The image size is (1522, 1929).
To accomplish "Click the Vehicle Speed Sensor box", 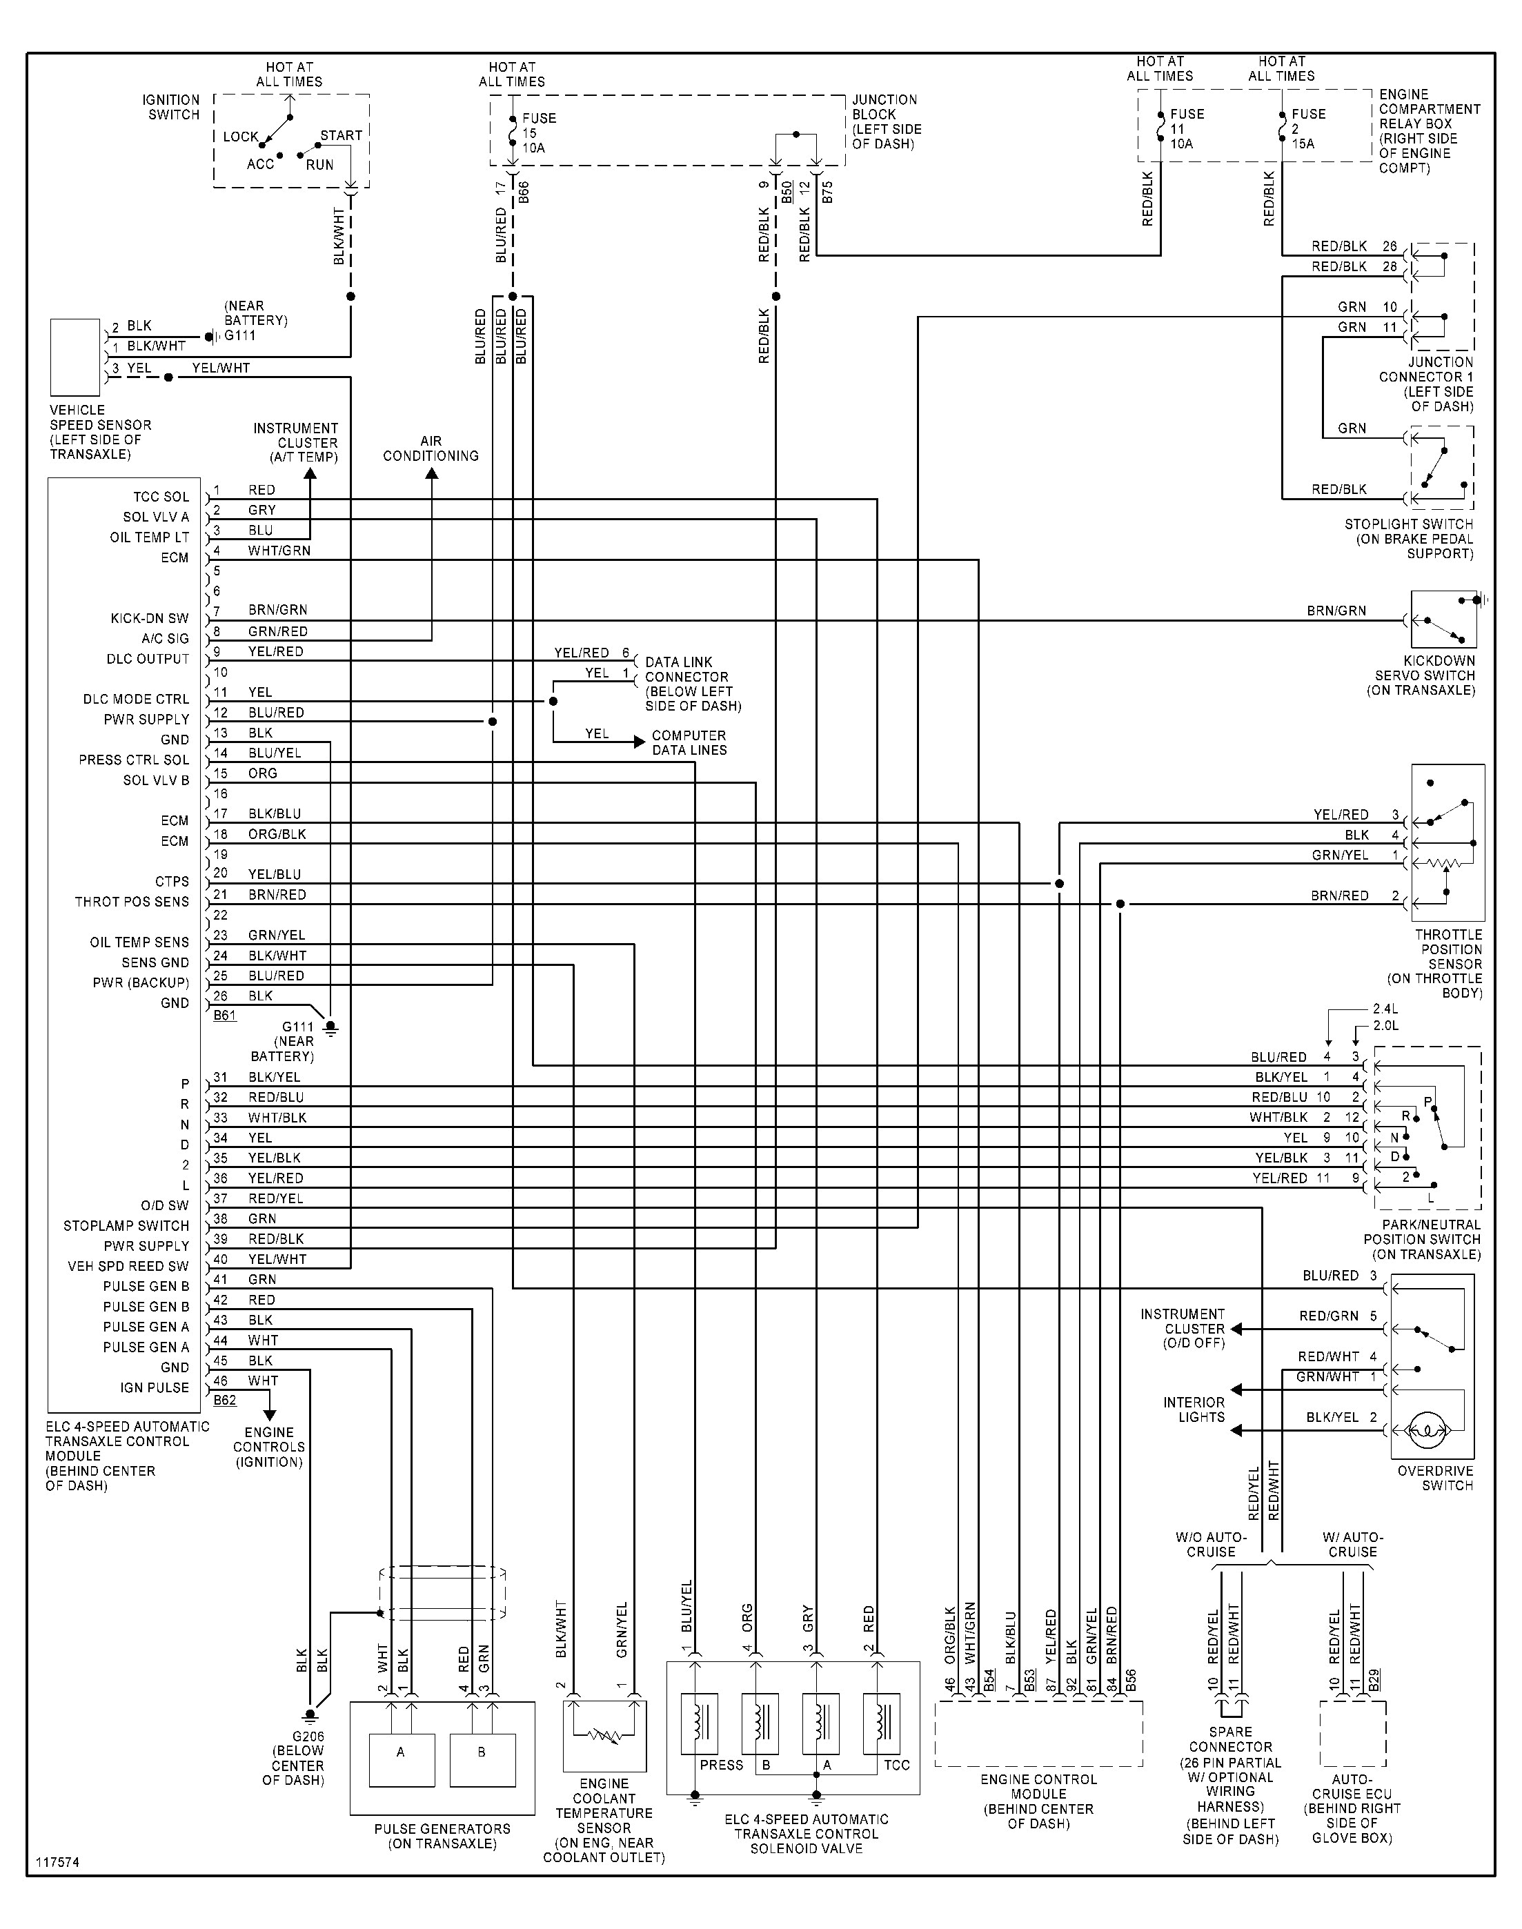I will click(x=75, y=357).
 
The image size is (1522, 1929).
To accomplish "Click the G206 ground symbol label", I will click(x=308, y=1736).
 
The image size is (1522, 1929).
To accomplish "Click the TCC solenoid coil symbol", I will click(x=881, y=1721).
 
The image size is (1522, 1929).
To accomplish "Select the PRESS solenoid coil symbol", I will click(x=700, y=1721).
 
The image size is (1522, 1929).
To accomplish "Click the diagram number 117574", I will click(x=58, y=1862).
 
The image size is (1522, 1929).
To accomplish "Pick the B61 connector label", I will click(x=224, y=1015).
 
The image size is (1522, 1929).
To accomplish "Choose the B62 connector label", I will click(x=224, y=1401).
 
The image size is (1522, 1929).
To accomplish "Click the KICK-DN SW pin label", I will click(x=150, y=618).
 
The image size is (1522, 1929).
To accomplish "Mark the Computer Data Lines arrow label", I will click(x=689, y=742).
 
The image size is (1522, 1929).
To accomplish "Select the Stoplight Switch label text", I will click(x=1409, y=538).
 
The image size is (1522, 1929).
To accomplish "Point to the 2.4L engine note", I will click(x=1385, y=1009).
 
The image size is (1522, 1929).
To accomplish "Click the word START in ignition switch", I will click(x=342, y=135).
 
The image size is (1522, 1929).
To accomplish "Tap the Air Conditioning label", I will click(x=431, y=448).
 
